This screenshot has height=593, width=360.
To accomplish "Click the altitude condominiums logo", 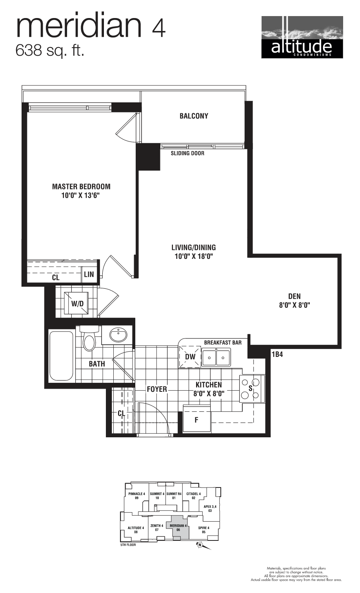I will click(x=302, y=37).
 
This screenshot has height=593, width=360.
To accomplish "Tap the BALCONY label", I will click(x=194, y=116).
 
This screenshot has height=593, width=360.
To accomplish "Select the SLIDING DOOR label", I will click(x=187, y=153).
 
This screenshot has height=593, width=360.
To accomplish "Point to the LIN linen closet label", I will click(x=89, y=274).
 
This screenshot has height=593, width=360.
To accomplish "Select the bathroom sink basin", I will click(x=118, y=335).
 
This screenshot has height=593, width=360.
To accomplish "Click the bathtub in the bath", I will click(x=61, y=356).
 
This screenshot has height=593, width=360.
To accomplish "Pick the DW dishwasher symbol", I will click(x=190, y=357).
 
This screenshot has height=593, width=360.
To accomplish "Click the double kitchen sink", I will click(x=216, y=358).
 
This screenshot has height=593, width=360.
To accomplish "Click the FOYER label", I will click(x=157, y=389).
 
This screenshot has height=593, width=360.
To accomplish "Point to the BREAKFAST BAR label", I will click(x=223, y=342).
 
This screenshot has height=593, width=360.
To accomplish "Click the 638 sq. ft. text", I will click(x=50, y=51).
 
